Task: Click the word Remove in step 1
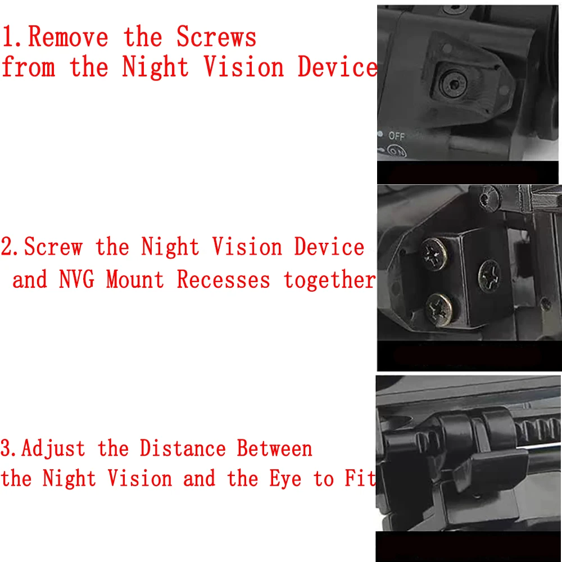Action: pos(68,37)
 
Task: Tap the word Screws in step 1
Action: pos(216,37)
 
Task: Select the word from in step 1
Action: pos(29,66)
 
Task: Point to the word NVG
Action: pos(76,279)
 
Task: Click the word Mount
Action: pos(135,279)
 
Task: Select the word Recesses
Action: pos(223,279)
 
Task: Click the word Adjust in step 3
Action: pos(53,449)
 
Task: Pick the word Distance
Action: pos(183,448)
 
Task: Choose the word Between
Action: pos(275,448)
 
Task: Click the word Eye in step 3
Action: pos(285,479)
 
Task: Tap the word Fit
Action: pos(360,478)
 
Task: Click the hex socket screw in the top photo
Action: pos(452,84)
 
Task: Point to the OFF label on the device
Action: pos(396,136)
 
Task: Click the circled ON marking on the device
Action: pos(397,151)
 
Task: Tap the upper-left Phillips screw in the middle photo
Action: pos(434,254)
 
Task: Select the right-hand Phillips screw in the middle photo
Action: pos(489,275)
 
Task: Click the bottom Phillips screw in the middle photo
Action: pos(439,309)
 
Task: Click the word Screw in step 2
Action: pos(53,247)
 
